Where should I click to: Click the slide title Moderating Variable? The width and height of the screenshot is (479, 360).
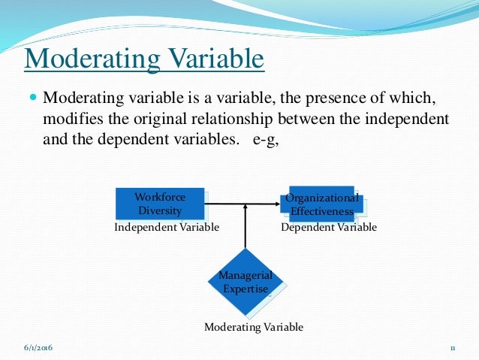click(x=144, y=59)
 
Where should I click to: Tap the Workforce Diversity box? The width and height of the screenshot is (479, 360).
click(x=159, y=204)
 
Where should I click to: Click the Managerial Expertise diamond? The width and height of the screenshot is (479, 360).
click(x=246, y=282)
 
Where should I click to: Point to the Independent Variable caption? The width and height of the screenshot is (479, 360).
click(x=167, y=227)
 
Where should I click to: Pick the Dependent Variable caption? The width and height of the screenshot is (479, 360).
click(x=329, y=227)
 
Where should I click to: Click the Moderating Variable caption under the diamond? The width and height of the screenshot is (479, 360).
click(x=254, y=327)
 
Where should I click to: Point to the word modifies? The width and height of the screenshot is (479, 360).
click(x=71, y=119)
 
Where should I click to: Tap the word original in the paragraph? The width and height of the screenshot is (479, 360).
click(x=157, y=119)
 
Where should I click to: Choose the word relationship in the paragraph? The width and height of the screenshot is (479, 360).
click(x=239, y=119)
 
